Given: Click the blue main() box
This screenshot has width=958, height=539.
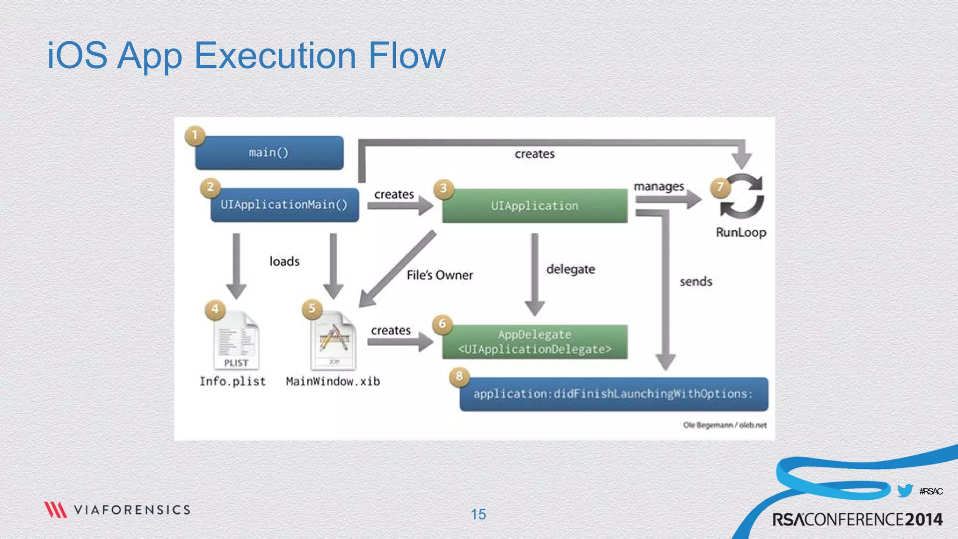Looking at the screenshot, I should (269, 153).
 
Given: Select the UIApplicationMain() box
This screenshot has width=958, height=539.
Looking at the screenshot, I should (284, 205).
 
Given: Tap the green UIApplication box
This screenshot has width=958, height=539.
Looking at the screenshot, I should (535, 206).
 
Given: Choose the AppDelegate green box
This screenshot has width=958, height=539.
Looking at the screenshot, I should (535, 342).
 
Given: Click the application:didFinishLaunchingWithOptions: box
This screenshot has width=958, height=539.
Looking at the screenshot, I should (613, 394).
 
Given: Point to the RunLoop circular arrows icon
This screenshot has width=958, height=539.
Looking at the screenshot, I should (742, 196).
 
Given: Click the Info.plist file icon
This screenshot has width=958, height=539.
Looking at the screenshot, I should (236, 341).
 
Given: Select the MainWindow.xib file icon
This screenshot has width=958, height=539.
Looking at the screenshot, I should (334, 341).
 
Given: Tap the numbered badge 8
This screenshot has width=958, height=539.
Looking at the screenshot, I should (459, 376).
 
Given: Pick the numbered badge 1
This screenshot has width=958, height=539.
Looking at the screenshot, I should (195, 136).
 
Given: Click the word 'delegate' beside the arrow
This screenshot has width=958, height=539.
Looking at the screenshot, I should (571, 269).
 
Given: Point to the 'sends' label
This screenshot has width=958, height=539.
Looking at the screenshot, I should (696, 282).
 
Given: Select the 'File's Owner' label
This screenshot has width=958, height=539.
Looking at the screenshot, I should (440, 275).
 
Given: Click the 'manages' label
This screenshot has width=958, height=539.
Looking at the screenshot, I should (659, 187).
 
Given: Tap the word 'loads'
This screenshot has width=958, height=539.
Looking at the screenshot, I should (284, 261).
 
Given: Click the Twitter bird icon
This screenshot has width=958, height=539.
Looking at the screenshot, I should (905, 491).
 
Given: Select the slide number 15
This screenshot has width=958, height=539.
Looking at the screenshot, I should (478, 515).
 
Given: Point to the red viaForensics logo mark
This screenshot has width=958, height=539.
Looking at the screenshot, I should (56, 510).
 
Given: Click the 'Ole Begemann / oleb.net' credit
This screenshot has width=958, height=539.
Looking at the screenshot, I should (725, 425).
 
